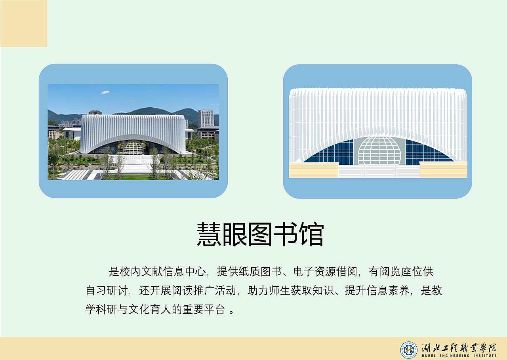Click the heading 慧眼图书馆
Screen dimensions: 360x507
coord(260,234)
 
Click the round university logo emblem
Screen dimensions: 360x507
coord(408,349)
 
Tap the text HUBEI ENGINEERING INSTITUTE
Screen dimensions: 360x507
coord(459,356)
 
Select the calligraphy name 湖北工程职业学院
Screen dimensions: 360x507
coord(459,347)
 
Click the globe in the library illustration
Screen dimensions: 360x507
coord(379,151)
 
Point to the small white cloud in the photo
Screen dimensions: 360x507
coord(105,92)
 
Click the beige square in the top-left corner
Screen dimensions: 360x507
coord(24,23)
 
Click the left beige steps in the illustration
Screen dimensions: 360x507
coord(313,170)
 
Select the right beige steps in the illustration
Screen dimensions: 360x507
coord(443,170)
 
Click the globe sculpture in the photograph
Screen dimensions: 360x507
coord(133,147)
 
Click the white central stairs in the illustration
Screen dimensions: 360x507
coord(379,171)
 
